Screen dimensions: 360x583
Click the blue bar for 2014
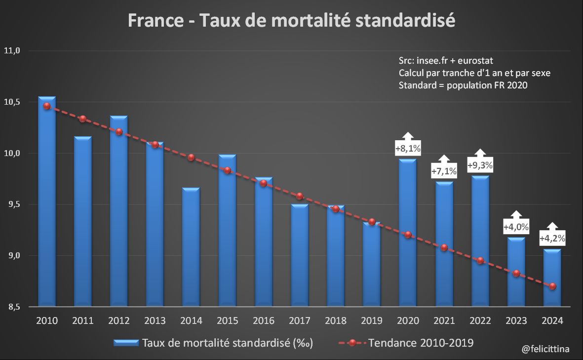coord(191,247)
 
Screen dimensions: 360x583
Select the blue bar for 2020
coord(408,232)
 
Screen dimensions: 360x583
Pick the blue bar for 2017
coord(299,255)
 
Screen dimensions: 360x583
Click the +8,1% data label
coord(408,148)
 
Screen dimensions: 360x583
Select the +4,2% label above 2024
coord(552,238)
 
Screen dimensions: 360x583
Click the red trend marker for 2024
coord(552,286)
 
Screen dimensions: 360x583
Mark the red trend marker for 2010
coord(47,106)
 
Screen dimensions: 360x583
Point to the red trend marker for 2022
coord(480,261)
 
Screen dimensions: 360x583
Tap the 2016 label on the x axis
coord(263,321)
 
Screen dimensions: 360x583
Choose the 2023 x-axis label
coord(516,321)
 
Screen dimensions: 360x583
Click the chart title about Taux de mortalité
coord(291,21)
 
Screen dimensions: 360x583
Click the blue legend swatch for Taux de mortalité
coord(126,343)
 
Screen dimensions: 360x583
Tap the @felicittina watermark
coord(545,349)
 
